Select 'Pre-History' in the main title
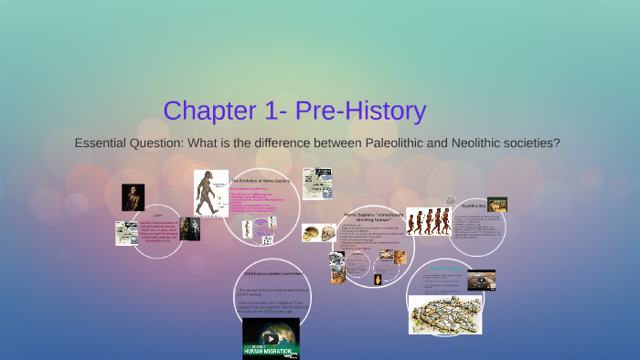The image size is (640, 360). click(369, 111)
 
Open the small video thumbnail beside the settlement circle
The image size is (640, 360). click(481, 280)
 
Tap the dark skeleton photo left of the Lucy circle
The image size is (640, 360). click(133, 197)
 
